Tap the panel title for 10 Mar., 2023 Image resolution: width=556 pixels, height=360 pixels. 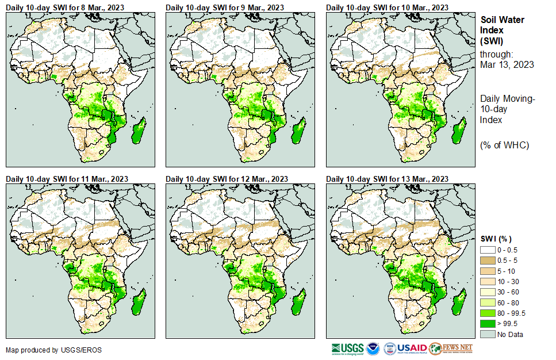[387, 7]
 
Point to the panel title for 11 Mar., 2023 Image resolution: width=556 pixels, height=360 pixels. [67, 179]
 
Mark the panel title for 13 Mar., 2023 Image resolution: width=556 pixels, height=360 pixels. [387, 179]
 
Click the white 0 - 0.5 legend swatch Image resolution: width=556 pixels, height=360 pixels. [488, 250]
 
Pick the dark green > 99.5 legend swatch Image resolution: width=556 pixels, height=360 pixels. [488, 324]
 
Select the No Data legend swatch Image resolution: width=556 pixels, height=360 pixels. [488, 334]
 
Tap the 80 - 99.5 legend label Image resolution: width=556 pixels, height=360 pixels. [511, 313]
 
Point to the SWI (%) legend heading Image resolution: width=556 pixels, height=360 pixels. [496, 239]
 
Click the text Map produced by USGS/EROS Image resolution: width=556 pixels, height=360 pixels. [47, 350]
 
